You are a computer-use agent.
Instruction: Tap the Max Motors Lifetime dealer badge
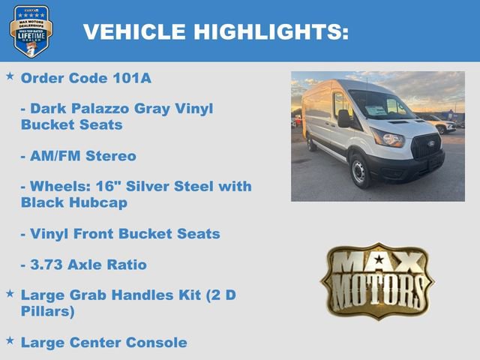coord(31,31)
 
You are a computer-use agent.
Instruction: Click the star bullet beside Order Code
coord(10,76)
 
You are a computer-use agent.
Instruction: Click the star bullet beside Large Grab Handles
coord(10,294)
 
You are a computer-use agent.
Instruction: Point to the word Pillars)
coord(47,310)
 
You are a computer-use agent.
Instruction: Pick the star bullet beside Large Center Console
coord(10,341)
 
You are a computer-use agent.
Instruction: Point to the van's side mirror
coord(344,118)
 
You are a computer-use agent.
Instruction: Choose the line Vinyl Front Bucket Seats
coord(120,234)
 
